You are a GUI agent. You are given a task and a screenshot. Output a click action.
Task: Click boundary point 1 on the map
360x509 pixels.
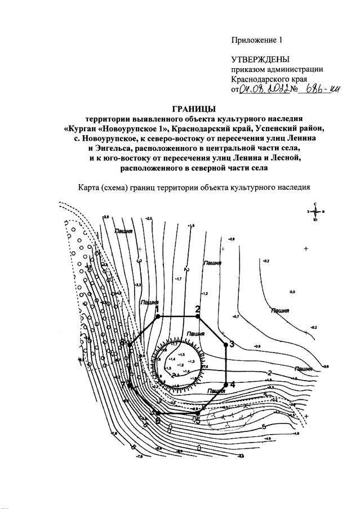158,316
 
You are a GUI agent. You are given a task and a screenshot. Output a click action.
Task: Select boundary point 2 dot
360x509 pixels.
198,316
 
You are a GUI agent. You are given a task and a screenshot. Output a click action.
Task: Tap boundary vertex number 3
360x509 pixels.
226,343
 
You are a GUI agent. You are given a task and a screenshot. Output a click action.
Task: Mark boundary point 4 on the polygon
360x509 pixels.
226,385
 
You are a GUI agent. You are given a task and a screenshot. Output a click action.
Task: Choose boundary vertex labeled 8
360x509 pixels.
130,343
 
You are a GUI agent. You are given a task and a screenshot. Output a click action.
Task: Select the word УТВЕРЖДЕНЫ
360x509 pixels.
260,60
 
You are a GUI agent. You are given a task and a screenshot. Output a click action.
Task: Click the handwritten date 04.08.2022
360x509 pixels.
264,90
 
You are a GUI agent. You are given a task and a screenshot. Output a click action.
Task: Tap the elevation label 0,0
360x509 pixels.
292,293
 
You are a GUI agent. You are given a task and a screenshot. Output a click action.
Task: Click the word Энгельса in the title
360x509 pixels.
113,148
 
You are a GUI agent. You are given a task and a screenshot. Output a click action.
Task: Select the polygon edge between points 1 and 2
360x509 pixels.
177,316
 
